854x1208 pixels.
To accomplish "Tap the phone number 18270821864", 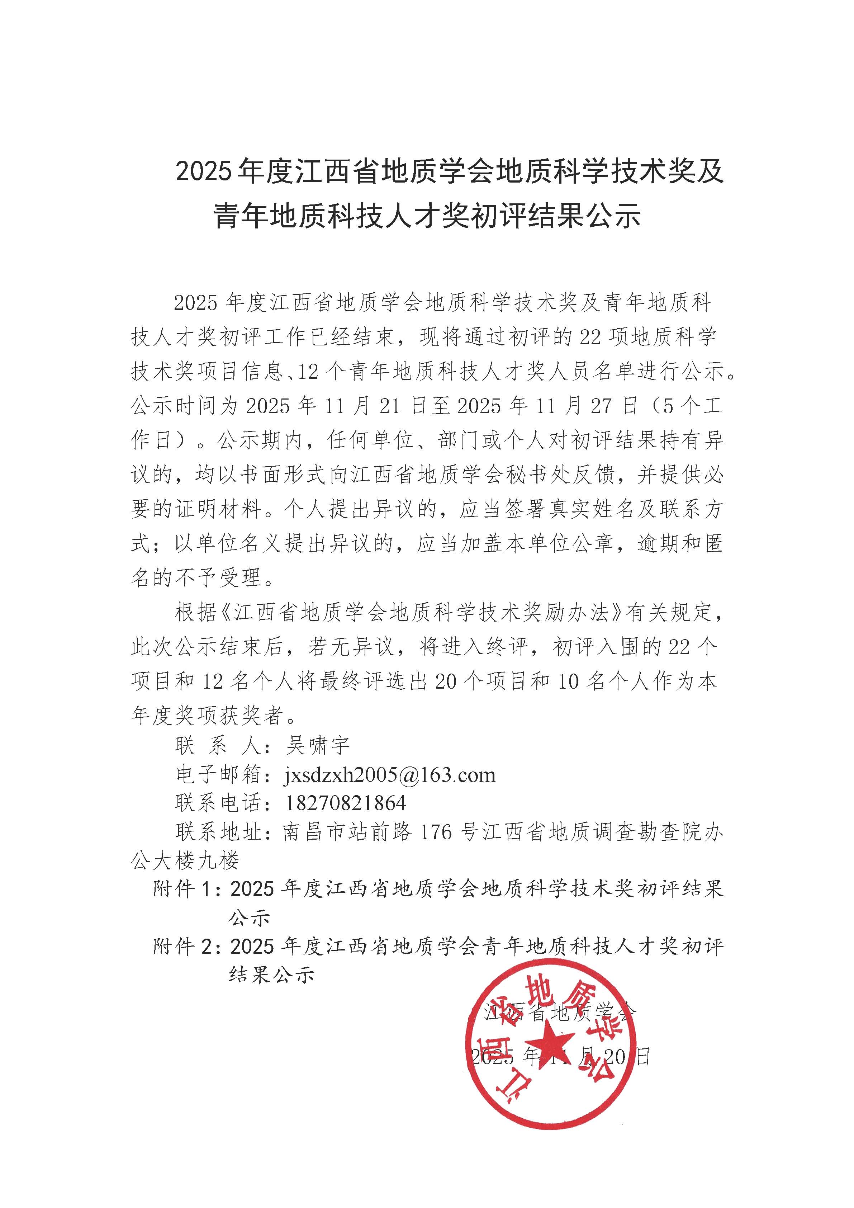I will point(346,803).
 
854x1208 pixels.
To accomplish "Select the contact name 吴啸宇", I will point(317,746).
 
